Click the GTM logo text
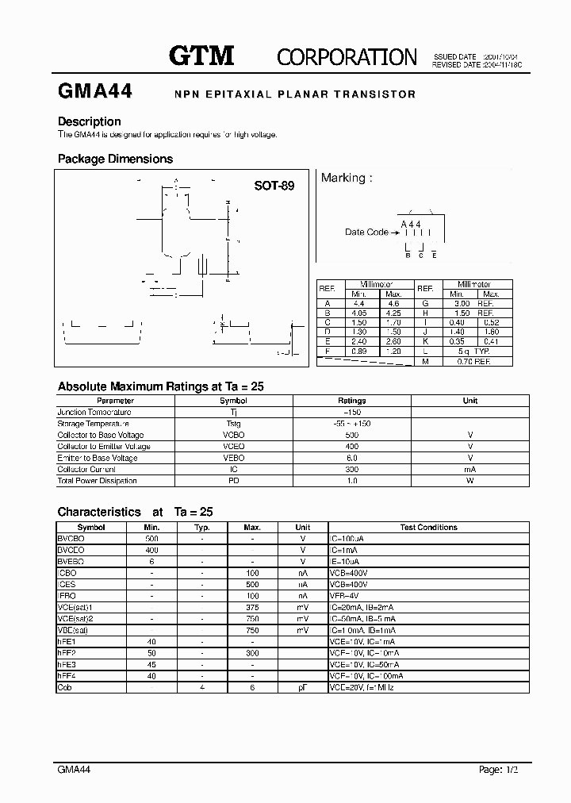tap(201, 55)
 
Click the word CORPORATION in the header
tap(347, 56)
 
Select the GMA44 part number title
tap(95, 91)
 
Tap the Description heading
tap(90, 121)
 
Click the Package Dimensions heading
tap(115, 159)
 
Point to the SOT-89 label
tap(274, 186)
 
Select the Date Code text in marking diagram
tap(366, 232)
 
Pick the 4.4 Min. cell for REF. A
tap(358, 303)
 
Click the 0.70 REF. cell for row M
tap(475, 361)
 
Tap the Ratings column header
tap(352, 401)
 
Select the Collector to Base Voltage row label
tap(101, 435)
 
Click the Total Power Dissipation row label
tap(97, 480)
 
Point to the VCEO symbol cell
tap(233, 446)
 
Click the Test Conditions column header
tap(428, 527)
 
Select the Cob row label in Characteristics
tap(65, 687)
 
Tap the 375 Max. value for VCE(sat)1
tap(252, 607)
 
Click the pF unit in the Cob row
tap(303, 687)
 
